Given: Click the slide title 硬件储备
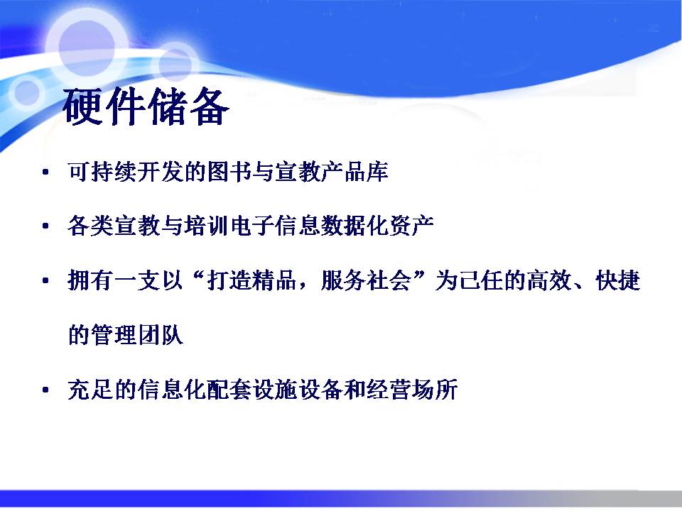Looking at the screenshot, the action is click(146, 106).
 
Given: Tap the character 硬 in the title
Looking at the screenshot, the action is click(82, 106).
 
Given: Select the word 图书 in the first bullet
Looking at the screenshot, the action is click(230, 172).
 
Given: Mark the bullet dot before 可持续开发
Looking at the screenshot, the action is click(45, 172).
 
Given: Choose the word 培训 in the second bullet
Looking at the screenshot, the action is click(207, 226).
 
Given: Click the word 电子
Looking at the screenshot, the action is click(253, 226).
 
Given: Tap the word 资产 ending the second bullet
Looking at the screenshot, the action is click(412, 226).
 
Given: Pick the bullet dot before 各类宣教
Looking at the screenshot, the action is click(45, 226).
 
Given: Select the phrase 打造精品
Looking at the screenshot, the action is click(252, 280).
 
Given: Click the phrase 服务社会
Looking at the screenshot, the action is click(367, 280).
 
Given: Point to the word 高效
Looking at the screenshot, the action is click(549, 280).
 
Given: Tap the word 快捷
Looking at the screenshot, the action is click(618, 280).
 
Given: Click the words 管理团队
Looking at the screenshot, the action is click(137, 335).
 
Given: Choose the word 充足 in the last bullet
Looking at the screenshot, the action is click(91, 390).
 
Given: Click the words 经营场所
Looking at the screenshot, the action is click(412, 390).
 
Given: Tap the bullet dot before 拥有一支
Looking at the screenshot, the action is click(45, 281).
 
